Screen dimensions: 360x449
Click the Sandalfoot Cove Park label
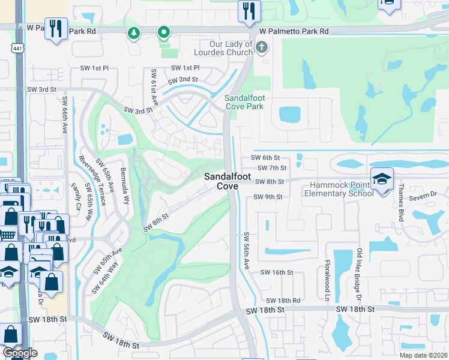click(244, 102)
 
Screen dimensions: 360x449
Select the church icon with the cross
click(261, 47)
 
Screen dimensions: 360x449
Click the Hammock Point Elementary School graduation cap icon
click(382, 179)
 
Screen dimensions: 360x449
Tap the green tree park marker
click(134, 34)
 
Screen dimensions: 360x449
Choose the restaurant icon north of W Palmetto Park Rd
click(249, 10)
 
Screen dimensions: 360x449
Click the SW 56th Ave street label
click(246, 250)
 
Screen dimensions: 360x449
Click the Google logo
click(20, 353)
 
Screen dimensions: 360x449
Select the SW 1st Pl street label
click(94, 68)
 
